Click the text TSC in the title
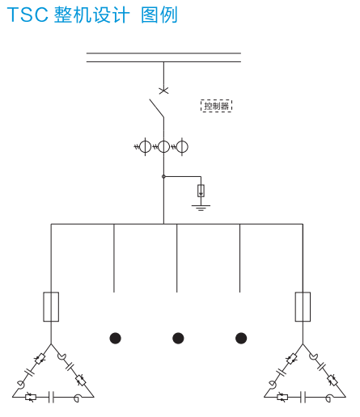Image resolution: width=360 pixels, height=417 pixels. pyautogui.click(x=28, y=15)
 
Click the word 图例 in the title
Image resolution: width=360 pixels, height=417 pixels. pyautogui.click(x=159, y=15)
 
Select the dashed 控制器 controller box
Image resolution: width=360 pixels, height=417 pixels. pyautogui.click(x=216, y=106)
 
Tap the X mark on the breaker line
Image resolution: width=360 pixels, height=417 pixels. pyautogui.click(x=163, y=91)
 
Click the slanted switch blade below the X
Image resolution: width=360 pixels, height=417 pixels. pyautogui.click(x=157, y=108)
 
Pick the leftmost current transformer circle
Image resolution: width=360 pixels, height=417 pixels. pyautogui.click(x=145, y=146)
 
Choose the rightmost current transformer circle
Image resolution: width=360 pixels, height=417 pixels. pyautogui.click(x=182, y=146)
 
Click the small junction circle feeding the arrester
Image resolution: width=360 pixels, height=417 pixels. pyautogui.click(x=163, y=176)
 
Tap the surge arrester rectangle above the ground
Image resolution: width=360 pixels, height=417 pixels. pyautogui.click(x=201, y=191)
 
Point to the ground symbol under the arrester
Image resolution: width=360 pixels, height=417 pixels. pyautogui.click(x=201, y=208)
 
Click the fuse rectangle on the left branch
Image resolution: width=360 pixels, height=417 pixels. pyautogui.click(x=51, y=306)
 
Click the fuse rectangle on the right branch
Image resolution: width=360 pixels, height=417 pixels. pyautogui.click(x=303, y=306)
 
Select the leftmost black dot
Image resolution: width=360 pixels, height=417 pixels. pyautogui.click(x=116, y=339)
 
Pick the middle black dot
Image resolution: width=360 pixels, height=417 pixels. pyautogui.click(x=178, y=339)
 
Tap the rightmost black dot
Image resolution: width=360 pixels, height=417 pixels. pyautogui.click(x=241, y=339)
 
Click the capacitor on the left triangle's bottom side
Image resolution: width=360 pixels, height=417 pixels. pyautogui.click(x=51, y=397)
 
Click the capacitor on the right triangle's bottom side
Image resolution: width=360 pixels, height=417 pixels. pyautogui.click(x=303, y=397)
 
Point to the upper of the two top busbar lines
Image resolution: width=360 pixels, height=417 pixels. pyautogui.click(x=163, y=53)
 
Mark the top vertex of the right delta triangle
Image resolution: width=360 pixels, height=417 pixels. pyautogui.click(x=303, y=344)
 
